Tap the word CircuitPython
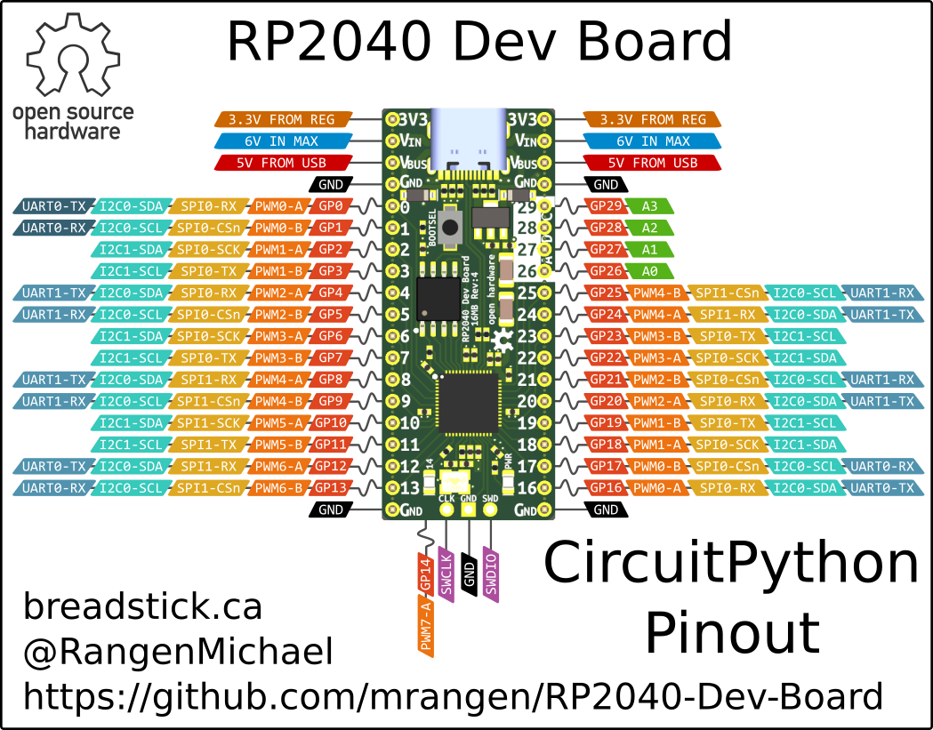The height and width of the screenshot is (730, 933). [731, 564]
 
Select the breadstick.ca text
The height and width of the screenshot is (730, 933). [142, 607]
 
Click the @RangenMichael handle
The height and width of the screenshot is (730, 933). [178, 652]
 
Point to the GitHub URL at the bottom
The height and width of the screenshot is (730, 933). [454, 696]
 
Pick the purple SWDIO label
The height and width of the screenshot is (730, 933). [490, 574]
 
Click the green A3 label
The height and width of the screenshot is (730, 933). [651, 206]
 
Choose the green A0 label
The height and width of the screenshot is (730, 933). [651, 271]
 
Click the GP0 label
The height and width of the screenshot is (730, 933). [331, 206]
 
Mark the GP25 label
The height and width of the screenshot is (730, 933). [605, 293]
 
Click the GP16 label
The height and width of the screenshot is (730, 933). [605, 487]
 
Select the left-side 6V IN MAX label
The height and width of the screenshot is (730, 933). [281, 140]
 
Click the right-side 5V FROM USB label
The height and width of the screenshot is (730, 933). [653, 163]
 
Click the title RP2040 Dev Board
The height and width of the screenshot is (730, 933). [479, 42]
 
